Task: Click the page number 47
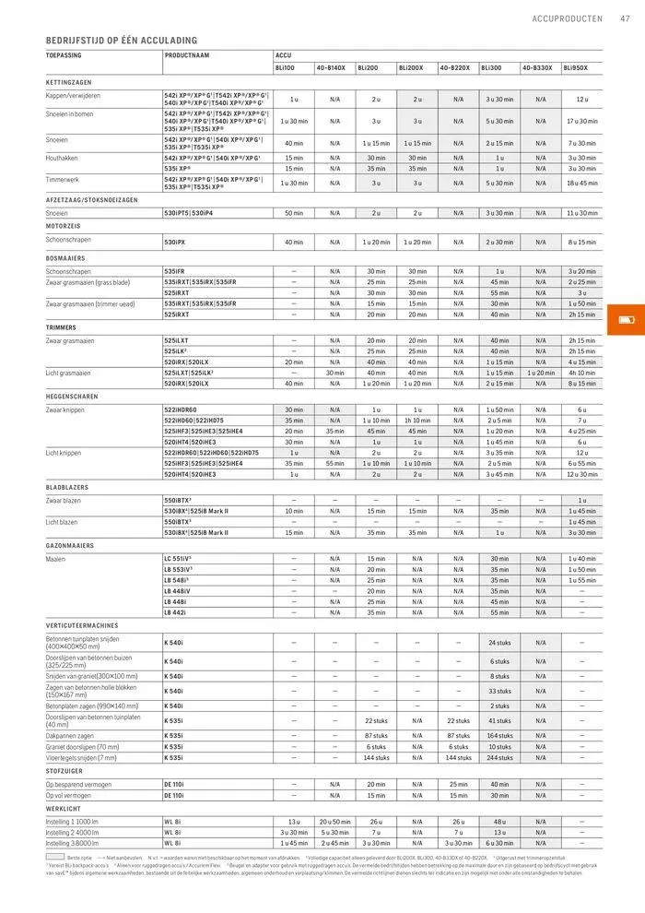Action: click(625, 18)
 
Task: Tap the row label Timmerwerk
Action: click(64, 179)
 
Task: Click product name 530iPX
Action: click(175, 242)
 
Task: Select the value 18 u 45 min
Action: click(581, 183)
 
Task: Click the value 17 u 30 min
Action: click(581, 121)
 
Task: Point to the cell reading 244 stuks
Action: click(499, 758)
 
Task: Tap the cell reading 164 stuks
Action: click(499, 735)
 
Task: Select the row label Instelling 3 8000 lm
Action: click(72, 843)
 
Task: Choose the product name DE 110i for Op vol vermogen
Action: click(174, 795)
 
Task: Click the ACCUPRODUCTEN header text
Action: click(568, 18)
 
